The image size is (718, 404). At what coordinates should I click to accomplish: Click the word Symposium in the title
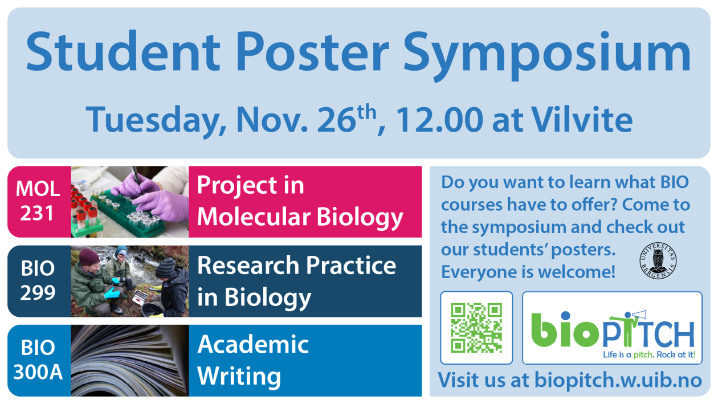[547, 54]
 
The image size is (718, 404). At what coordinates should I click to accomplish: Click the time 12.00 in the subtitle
[439, 120]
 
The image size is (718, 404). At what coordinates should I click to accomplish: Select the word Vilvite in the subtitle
[582, 119]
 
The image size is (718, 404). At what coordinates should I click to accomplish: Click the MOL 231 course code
[38, 201]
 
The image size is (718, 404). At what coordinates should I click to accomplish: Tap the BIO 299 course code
[38, 280]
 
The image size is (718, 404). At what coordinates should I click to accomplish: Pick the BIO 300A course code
[38, 360]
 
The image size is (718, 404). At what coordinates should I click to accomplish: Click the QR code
[476, 328]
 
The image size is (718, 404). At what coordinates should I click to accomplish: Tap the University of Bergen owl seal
[658, 260]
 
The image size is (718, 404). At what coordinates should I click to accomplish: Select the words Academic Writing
[253, 360]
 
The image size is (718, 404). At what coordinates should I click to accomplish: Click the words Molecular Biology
[300, 218]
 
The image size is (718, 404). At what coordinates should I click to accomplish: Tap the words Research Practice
[296, 266]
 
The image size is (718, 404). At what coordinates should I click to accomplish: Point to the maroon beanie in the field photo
[89, 257]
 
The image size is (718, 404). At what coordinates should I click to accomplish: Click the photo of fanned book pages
[130, 360]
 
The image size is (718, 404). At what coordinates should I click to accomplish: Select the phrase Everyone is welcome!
[528, 272]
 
